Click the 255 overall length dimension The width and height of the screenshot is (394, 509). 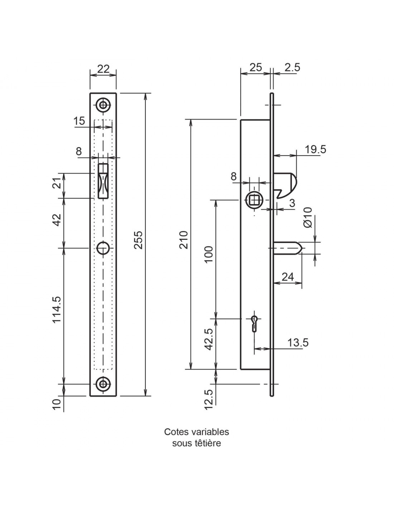pyautogui.click(x=139, y=240)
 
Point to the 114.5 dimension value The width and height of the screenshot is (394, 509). pyautogui.click(x=57, y=310)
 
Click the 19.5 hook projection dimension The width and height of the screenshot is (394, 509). pyautogui.click(x=315, y=149)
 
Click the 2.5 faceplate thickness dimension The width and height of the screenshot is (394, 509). pyautogui.click(x=292, y=67)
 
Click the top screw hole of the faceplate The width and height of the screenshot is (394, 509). pyautogui.click(x=103, y=105)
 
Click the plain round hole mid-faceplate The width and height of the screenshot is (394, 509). pyautogui.click(x=103, y=248)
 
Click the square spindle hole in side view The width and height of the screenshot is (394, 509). pyautogui.click(x=254, y=200)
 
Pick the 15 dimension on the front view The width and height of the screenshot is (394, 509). pyautogui.click(x=79, y=121)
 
